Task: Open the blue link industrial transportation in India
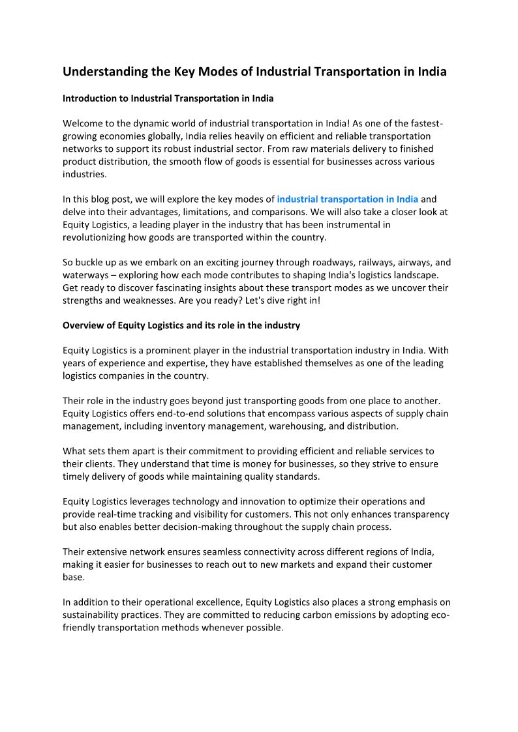[347, 199]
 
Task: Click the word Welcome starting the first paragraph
[84, 124]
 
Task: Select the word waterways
[85, 275]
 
